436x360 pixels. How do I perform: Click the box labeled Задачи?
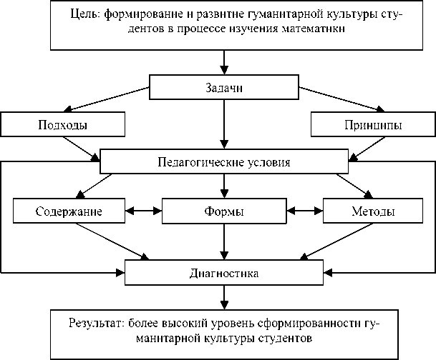click(224, 89)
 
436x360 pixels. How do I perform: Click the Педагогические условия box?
click(224, 161)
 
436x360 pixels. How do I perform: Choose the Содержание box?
click(69, 212)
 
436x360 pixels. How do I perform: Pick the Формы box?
click(224, 212)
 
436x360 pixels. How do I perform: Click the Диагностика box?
click(224, 272)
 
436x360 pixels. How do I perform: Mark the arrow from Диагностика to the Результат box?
click(224, 296)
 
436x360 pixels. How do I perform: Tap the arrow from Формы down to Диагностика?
click(224, 243)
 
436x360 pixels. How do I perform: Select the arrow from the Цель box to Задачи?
click(224, 61)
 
